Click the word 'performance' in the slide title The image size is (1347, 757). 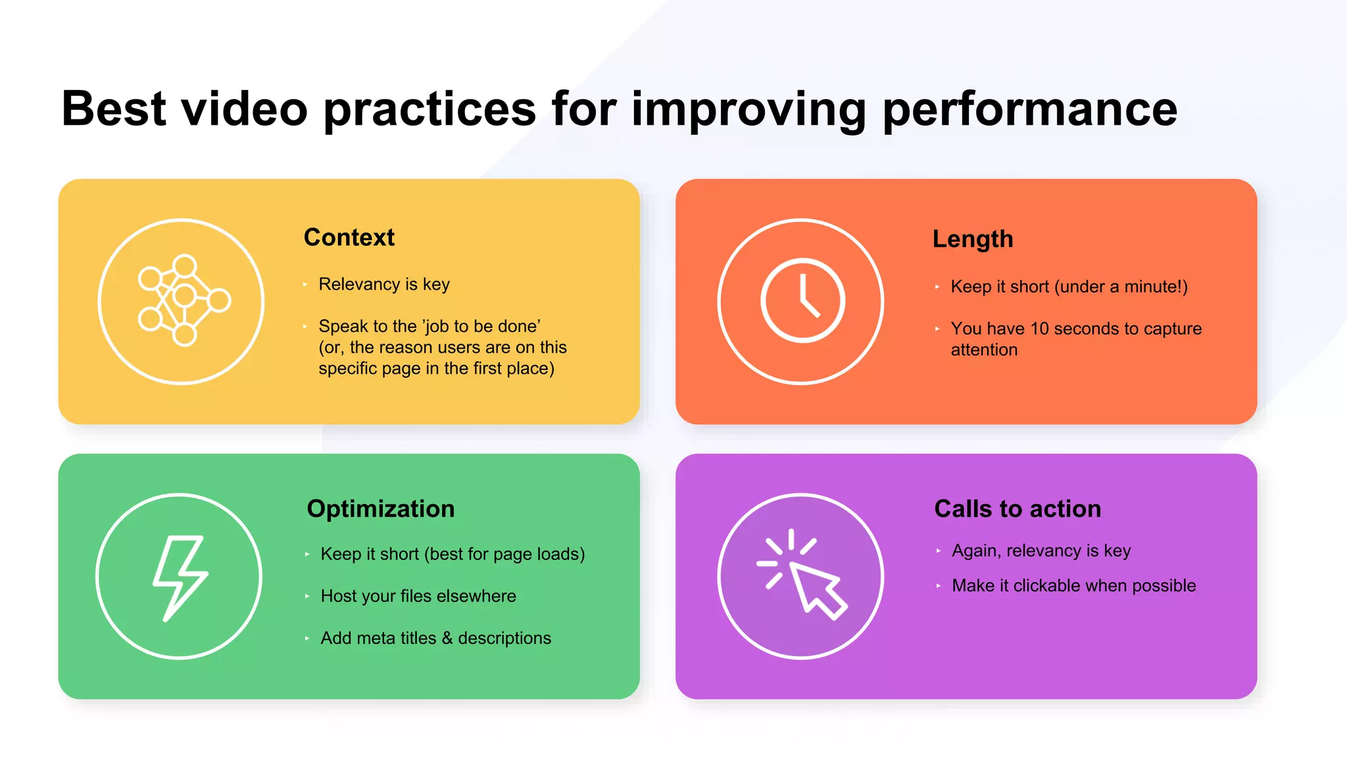coord(1029,110)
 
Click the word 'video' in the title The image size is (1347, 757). coord(244,110)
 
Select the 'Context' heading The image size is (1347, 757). coord(349,237)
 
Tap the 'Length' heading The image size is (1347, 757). coord(972,239)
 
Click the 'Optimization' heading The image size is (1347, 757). coord(380,509)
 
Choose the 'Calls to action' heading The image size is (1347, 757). coord(1017,509)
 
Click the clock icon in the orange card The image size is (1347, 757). coord(802,300)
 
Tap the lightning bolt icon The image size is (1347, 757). coord(180,577)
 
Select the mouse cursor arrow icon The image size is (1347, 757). coord(816,588)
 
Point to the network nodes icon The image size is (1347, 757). coord(184,300)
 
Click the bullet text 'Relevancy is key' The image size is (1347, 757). coord(383,285)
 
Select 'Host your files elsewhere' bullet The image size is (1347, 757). coord(418,596)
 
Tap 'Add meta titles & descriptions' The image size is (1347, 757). coord(435,638)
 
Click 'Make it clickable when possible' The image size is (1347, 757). coord(1073,585)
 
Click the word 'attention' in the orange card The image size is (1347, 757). coord(983,350)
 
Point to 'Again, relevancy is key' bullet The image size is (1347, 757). coord(1041,551)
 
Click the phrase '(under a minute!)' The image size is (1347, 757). coord(1121,287)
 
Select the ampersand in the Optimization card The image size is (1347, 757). coord(447,638)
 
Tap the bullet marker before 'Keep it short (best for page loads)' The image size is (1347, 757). coord(307,555)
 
